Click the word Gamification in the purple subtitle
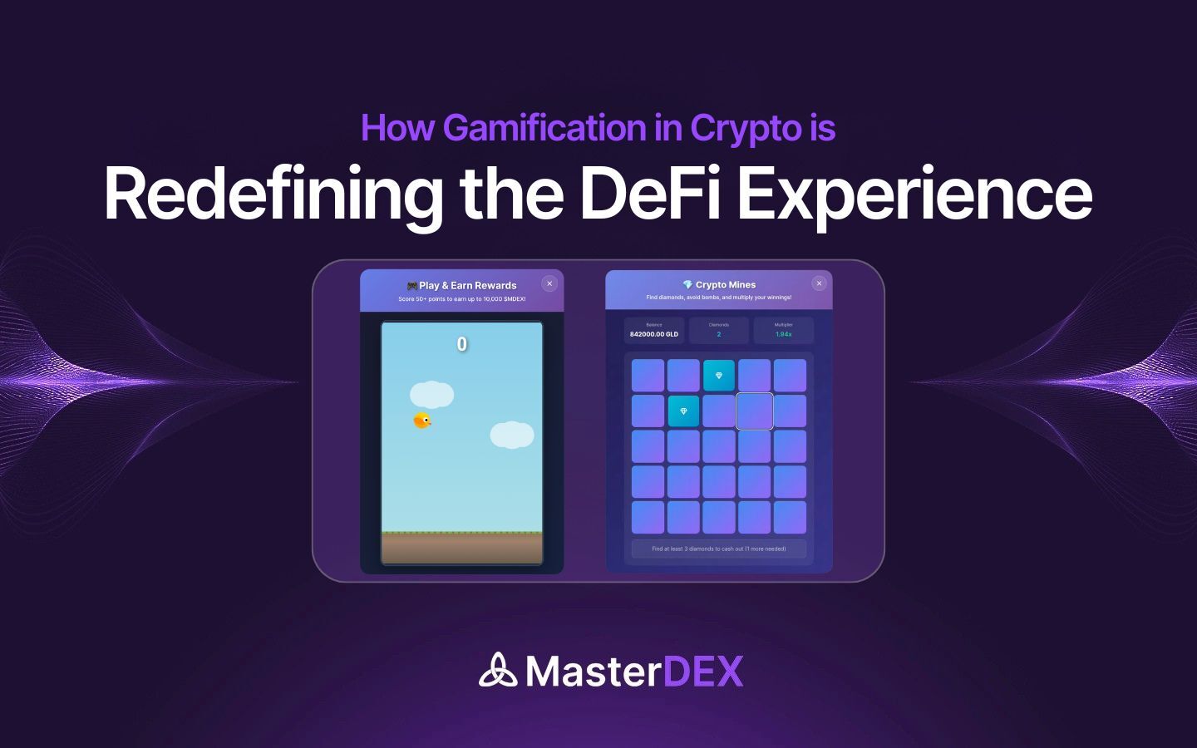coord(544,128)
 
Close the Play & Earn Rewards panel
coord(549,283)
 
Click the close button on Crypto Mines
coord(819,283)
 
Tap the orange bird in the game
coord(422,421)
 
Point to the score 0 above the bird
coord(462,344)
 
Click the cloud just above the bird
coord(431,394)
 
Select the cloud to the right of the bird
coord(511,435)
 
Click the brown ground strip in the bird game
coord(461,549)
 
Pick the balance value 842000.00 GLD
coord(654,334)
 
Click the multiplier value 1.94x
coord(783,334)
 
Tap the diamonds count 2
coord(719,334)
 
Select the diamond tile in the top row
coord(719,376)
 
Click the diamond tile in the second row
coord(683,411)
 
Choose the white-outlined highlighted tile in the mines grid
coord(755,411)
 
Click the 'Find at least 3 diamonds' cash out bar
coord(719,549)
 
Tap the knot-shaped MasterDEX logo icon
coord(498,671)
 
